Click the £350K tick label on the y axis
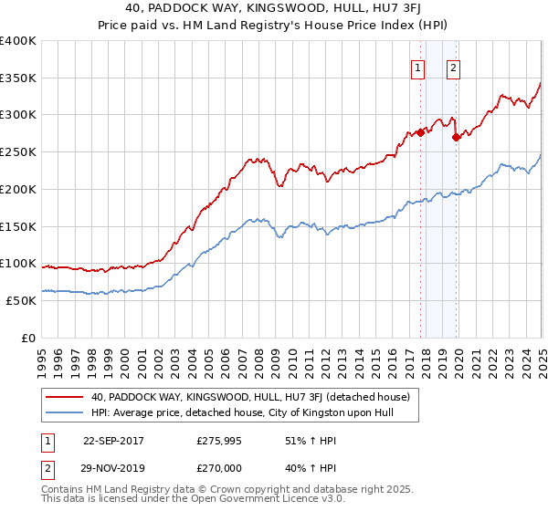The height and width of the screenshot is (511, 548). click(x=18, y=78)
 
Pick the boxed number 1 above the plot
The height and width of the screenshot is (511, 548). click(x=418, y=67)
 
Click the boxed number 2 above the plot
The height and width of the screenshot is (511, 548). click(x=453, y=67)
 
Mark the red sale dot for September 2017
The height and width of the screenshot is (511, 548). click(x=420, y=133)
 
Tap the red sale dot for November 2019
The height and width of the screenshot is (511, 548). click(x=457, y=138)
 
